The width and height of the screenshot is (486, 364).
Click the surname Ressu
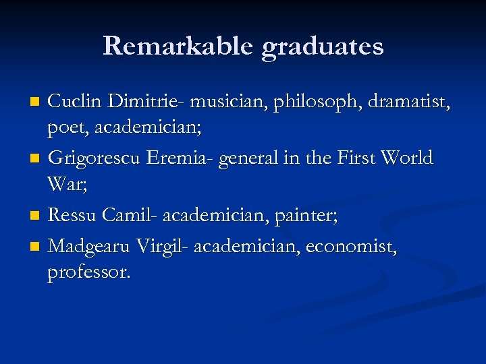click(x=74, y=216)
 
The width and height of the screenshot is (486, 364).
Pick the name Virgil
click(x=162, y=248)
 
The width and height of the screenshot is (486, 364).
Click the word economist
click(x=351, y=247)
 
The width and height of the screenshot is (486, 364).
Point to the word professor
click(x=89, y=272)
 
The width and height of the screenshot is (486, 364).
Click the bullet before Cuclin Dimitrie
click(x=36, y=102)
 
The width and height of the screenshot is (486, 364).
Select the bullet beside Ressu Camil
click(x=36, y=216)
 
